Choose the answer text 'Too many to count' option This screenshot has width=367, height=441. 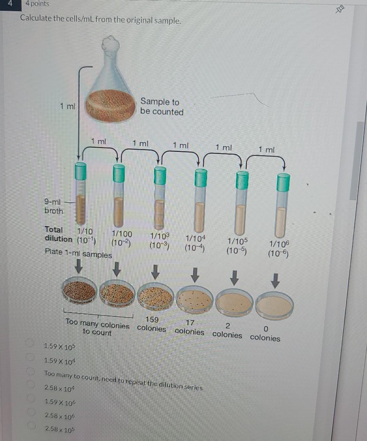point(123,380)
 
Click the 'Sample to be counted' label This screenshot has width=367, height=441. point(162,106)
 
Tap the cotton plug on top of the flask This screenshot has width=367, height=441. point(111,44)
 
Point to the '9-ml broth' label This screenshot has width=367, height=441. point(54,206)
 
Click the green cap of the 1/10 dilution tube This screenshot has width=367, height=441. point(81,171)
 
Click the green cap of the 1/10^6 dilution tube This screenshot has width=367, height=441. point(283,182)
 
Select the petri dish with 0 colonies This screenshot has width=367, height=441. point(275,305)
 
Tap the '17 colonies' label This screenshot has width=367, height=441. point(190,327)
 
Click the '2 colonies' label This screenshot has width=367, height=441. point(227,331)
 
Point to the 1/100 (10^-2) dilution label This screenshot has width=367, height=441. point(122,238)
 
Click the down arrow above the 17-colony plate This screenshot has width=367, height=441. point(195,275)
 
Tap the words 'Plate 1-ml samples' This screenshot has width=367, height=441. point(78,253)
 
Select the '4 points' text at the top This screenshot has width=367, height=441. point(37,4)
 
